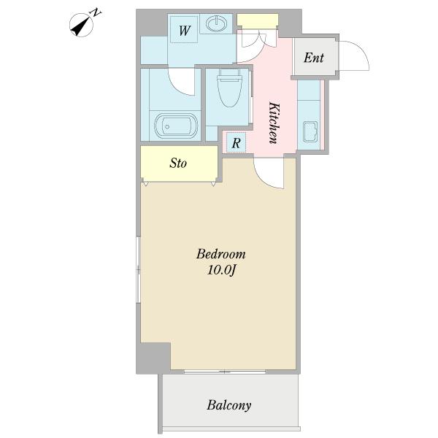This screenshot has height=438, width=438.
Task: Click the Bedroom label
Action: [220, 254]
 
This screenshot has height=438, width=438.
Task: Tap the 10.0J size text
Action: [221, 270]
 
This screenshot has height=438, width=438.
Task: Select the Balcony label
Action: [228, 405]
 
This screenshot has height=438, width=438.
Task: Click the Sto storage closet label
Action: [178, 163]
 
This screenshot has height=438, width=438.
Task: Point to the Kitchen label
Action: [274, 123]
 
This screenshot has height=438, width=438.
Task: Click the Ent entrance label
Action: [313, 58]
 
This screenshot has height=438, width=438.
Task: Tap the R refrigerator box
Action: [236, 143]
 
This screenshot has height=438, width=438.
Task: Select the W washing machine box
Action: [184, 30]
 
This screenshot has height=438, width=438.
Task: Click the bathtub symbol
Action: [176, 126]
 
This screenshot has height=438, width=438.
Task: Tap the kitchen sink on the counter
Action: [311, 132]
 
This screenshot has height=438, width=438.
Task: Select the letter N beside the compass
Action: [96, 13]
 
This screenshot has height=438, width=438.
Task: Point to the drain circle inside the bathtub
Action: [166, 127]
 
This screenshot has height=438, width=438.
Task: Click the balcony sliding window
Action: [225, 372]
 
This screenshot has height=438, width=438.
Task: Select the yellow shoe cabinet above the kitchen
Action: [257, 20]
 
